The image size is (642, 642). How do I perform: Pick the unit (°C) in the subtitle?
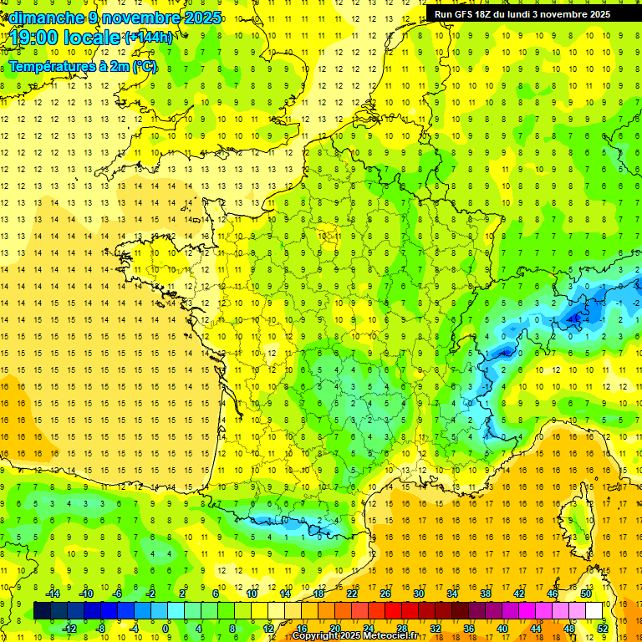[144, 66]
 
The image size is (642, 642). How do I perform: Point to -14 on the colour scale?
[53, 594]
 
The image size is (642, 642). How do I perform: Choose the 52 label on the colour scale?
[602, 629]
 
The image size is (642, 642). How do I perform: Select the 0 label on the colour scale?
[166, 629]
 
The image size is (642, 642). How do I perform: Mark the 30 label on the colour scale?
[418, 594]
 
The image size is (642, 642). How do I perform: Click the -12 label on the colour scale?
[69, 629]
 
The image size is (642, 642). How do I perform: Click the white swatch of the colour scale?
[594, 611]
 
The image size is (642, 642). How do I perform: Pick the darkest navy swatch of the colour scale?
[42, 611]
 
